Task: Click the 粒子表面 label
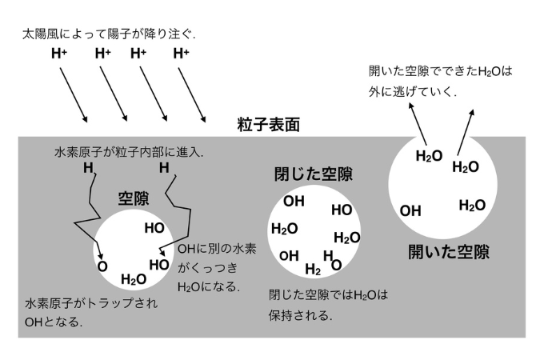(x=269, y=124)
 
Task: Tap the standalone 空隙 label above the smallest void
(x=134, y=198)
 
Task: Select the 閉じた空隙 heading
(x=312, y=174)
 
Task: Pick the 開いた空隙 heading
(x=448, y=252)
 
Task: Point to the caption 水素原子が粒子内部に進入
(x=129, y=151)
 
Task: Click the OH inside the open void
(x=410, y=211)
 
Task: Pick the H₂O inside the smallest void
(x=134, y=278)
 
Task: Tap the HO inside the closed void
(x=342, y=210)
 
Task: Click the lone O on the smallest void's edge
(x=102, y=266)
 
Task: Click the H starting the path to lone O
(x=87, y=168)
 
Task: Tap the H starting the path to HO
(x=164, y=168)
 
